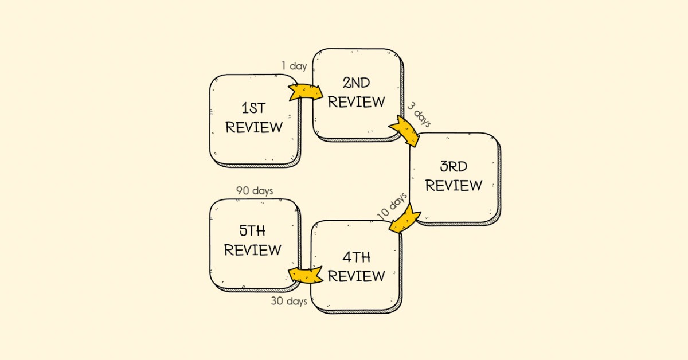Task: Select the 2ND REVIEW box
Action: (356, 93)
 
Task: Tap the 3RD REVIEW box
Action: (454, 177)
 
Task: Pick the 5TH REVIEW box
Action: (253, 242)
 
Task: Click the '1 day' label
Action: (294, 66)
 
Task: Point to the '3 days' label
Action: (419, 114)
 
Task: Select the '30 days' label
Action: (289, 301)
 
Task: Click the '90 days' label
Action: (255, 190)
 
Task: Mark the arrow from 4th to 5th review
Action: (304, 275)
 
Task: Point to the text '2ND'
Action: (357, 83)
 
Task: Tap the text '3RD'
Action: (454, 167)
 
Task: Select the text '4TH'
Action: (356, 256)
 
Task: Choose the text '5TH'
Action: (253, 231)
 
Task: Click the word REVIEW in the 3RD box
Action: (454, 186)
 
